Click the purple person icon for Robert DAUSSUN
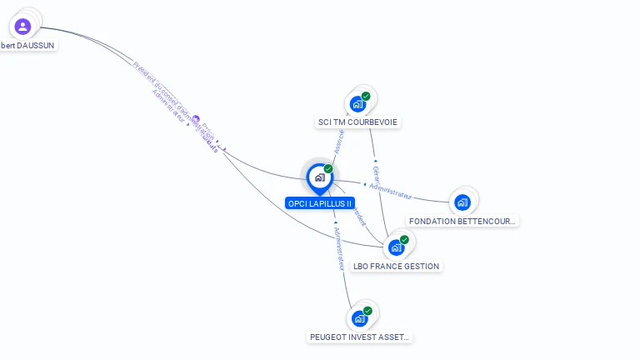point(22,27)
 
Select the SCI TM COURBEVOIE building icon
point(357,104)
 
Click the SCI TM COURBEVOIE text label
point(358,122)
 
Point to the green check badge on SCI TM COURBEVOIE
point(366,97)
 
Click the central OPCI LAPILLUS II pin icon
point(319,177)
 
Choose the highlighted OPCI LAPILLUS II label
point(320,203)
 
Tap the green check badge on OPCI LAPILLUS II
point(328,169)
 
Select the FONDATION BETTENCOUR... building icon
point(462,202)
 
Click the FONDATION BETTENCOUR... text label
point(463,222)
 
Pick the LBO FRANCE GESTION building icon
point(396,247)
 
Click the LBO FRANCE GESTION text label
point(396,267)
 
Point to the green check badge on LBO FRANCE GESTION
point(404,240)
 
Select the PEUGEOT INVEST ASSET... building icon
point(359,318)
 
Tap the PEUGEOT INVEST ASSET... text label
point(360,337)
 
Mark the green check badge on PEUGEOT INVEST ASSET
point(367,311)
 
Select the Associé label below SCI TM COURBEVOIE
point(338,142)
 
